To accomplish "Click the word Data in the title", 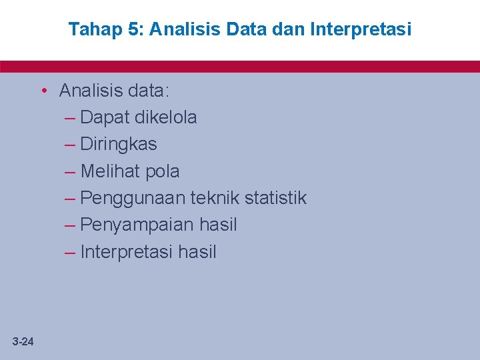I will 247,29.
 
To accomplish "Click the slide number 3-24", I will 23,342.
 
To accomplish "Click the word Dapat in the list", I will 105,118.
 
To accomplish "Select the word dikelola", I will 165,117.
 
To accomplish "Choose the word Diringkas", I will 118,145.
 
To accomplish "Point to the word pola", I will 162,172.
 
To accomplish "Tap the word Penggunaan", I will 133,199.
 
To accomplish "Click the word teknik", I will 215,198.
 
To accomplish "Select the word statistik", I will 275,198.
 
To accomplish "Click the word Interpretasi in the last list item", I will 128,252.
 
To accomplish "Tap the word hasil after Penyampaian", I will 218,225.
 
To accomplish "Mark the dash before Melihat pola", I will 71,171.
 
